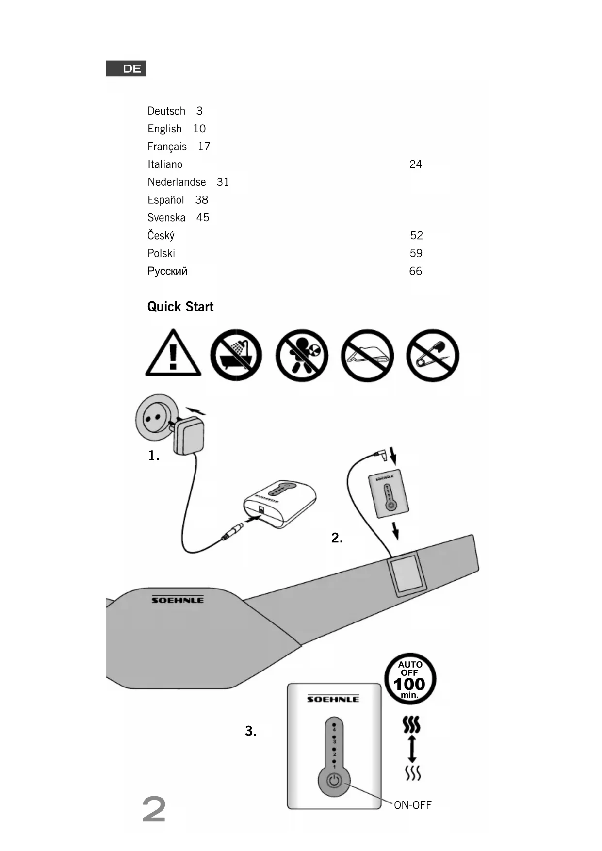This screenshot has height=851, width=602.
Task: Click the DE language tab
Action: [x=126, y=68]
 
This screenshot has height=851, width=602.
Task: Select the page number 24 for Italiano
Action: [x=416, y=164]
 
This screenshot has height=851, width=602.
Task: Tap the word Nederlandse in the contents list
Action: [x=177, y=182]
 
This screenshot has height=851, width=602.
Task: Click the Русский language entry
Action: [x=167, y=271]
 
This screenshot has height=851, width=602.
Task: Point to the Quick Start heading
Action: [x=180, y=307]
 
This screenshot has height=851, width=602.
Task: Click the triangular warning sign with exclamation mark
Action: [x=173, y=354]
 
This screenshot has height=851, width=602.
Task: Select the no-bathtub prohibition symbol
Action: [x=236, y=356]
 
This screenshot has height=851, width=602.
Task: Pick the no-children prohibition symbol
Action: [x=302, y=356]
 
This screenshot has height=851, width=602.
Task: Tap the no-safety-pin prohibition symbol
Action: [x=433, y=356]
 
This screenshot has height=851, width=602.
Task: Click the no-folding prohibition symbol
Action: [x=367, y=356]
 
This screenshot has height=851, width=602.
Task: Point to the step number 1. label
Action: [x=154, y=456]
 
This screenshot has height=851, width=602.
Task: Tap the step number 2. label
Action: [x=337, y=538]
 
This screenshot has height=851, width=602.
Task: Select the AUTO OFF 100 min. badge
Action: [x=410, y=679]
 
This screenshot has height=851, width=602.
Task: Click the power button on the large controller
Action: [x=334, y=781]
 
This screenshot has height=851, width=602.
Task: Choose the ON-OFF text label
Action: [x=412, y=805]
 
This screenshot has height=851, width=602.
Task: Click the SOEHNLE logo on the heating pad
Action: [x=178, y=600]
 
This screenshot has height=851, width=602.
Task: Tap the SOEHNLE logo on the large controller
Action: [x=333, y=699]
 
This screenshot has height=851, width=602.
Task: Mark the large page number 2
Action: [x=154, y=809]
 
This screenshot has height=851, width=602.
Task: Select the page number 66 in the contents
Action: [x=416, y=271]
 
